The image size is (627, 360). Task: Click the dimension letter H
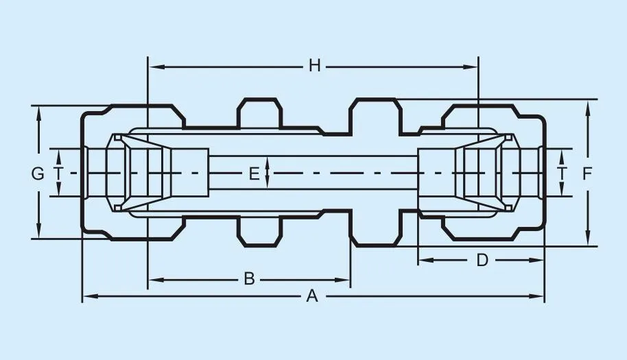coord(314,66)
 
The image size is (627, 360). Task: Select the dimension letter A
coord(312,296)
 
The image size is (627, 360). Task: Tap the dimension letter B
coord(250,279)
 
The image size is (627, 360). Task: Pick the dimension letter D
coord(482,260)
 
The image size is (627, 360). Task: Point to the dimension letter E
coord(254,173)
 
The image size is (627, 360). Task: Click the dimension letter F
coord(587,173)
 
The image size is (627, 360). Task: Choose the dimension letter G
coord(38,173)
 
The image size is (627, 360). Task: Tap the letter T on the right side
coord(563,173)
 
